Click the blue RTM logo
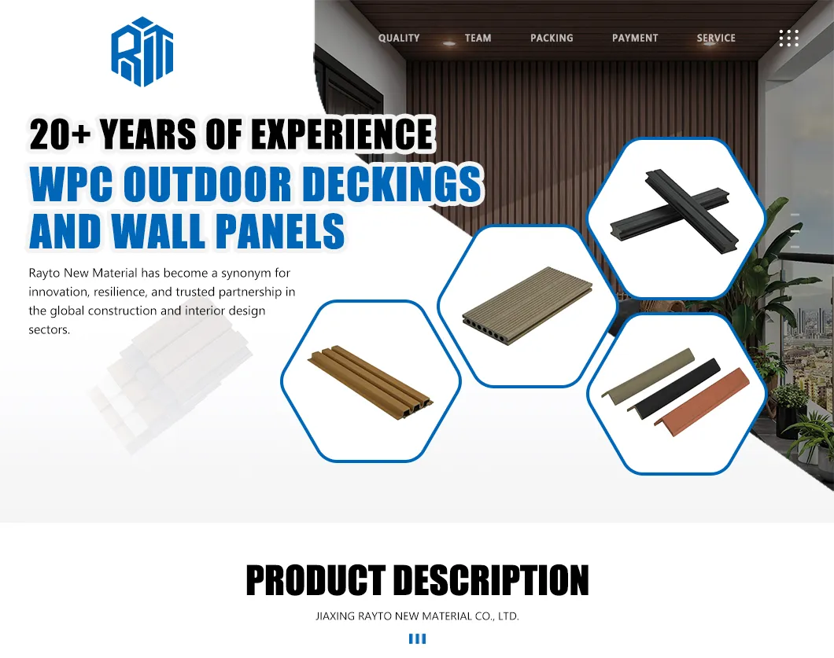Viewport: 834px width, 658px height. [142, 52]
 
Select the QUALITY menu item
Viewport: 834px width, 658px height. [399, 38]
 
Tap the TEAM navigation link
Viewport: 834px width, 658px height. [478, 38]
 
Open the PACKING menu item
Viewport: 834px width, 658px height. [552, 38]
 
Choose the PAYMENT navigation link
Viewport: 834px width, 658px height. [635, 38]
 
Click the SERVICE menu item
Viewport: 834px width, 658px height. [716, 38]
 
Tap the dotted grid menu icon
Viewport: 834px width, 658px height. [788, 38]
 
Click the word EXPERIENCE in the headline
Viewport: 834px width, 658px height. [342, 134]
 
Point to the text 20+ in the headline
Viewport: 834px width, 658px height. [60, 134]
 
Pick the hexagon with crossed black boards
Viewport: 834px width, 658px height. [676, 218]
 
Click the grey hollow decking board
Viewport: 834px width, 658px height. [526, 307]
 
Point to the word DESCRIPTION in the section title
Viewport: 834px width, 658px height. [490, 581]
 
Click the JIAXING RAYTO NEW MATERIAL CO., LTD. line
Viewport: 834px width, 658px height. [417, 616]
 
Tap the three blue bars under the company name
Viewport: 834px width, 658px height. [417, 638]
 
